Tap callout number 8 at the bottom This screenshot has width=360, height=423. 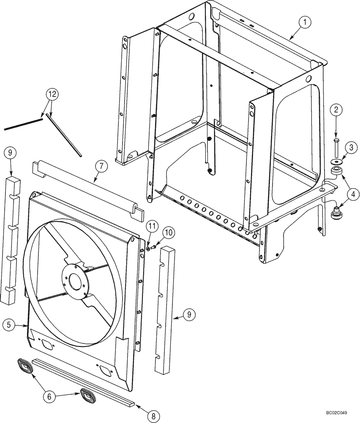(x=153, y=416)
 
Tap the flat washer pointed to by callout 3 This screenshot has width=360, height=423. (x=336, y=162)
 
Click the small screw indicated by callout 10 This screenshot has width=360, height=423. (x=153, y=247)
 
